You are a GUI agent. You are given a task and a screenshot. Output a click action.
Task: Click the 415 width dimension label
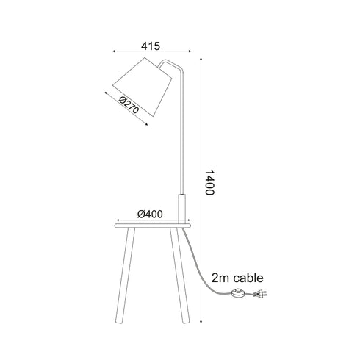tap(151, 46)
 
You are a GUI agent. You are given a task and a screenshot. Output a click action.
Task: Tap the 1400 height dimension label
tap(209, 182)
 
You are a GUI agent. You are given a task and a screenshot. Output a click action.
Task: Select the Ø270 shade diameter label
tap(129, 106)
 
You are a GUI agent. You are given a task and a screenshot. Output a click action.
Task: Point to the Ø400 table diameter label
tap(150, 214)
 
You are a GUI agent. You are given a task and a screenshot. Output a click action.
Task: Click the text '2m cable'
tap(237, 278)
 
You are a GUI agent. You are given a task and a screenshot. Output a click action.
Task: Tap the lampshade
tap(143, 87)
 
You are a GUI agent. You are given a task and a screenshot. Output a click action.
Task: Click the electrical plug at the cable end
tap(260, 294)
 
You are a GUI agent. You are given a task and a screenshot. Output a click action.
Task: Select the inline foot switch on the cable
tap(238, 293)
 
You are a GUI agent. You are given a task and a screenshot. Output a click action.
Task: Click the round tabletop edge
tap(152, 226)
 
